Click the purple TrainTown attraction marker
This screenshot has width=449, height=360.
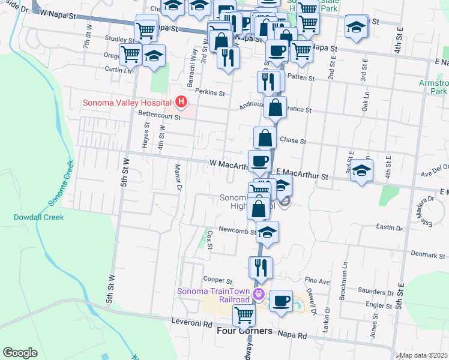(259, 294)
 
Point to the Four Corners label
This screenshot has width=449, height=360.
(244, 331)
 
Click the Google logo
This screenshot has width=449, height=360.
(20, 353)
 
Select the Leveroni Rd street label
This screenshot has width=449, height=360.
(191, 323)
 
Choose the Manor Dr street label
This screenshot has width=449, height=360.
(178, 178)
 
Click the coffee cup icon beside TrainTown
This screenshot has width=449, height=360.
(280, 299)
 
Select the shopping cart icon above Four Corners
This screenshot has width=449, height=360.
(244, 314)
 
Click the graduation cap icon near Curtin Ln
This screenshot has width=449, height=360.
(154, 56)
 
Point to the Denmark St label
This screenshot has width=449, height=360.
(428, 255)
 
